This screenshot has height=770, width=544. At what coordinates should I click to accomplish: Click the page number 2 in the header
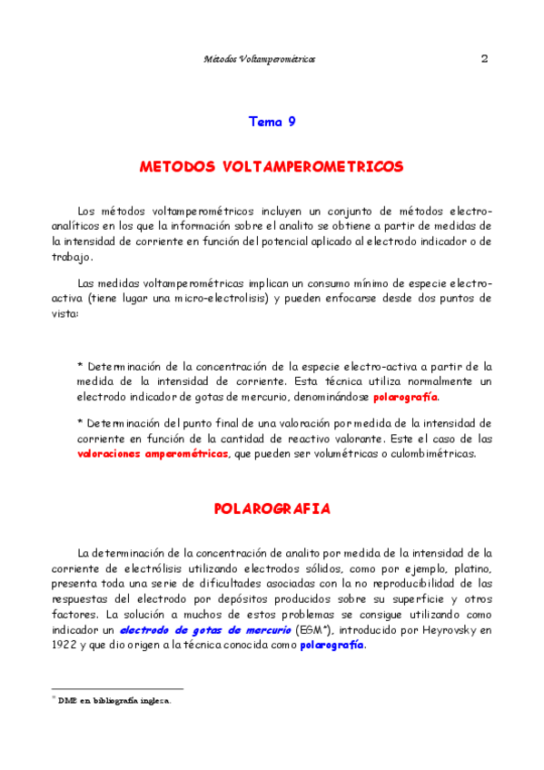(484, 59)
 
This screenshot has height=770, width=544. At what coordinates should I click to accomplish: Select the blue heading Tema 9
(272, 121)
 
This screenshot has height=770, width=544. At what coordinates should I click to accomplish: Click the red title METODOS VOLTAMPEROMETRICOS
(272, 168)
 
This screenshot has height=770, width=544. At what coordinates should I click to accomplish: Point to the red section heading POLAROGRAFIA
(272, 508)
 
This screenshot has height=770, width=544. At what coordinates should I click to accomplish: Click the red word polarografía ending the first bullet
(405, 398)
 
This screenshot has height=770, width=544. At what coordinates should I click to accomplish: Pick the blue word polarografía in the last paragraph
(331, 645)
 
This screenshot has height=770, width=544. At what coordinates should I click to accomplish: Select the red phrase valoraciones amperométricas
(153, 453)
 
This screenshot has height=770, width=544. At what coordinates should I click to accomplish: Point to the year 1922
(68, 645)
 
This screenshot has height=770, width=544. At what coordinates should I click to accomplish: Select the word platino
(470, 568)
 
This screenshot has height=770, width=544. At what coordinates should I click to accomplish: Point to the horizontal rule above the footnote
(117, 689)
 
